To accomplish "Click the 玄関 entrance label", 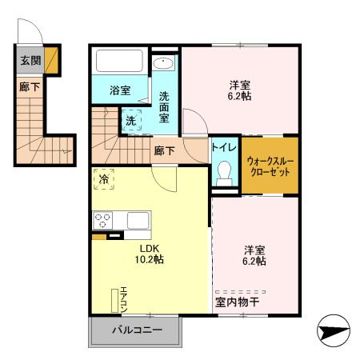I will click(x=28, y=59).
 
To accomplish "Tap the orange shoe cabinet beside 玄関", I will click(x=51, y=59).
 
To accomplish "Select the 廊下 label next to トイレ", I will click(x=166, y=150).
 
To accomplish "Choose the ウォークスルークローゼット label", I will click(x=270, y=166).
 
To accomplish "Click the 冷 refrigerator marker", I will click(x=104, y=180).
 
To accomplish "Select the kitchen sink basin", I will click(x=137, y=220).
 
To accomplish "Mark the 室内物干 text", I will click(x=243, y=302).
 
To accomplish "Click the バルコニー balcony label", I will click(x=136, y=330).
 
